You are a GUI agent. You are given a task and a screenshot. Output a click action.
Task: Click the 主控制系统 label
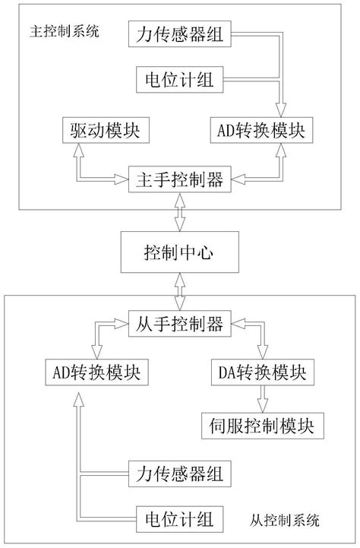[x=64, y=34]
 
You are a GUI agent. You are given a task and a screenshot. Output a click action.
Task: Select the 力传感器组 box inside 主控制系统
[x=179, y=35]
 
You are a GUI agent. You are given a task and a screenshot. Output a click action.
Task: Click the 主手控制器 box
[x=179, y=179]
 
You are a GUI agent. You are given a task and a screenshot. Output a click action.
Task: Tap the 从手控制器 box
[x=179, y=325]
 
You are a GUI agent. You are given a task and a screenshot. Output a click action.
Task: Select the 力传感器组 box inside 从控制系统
[x=179, y=475]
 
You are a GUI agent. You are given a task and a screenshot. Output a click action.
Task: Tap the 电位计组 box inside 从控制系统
[x=179, y=519]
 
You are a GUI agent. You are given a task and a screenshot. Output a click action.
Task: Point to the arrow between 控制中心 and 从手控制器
[x=179, y=290]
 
